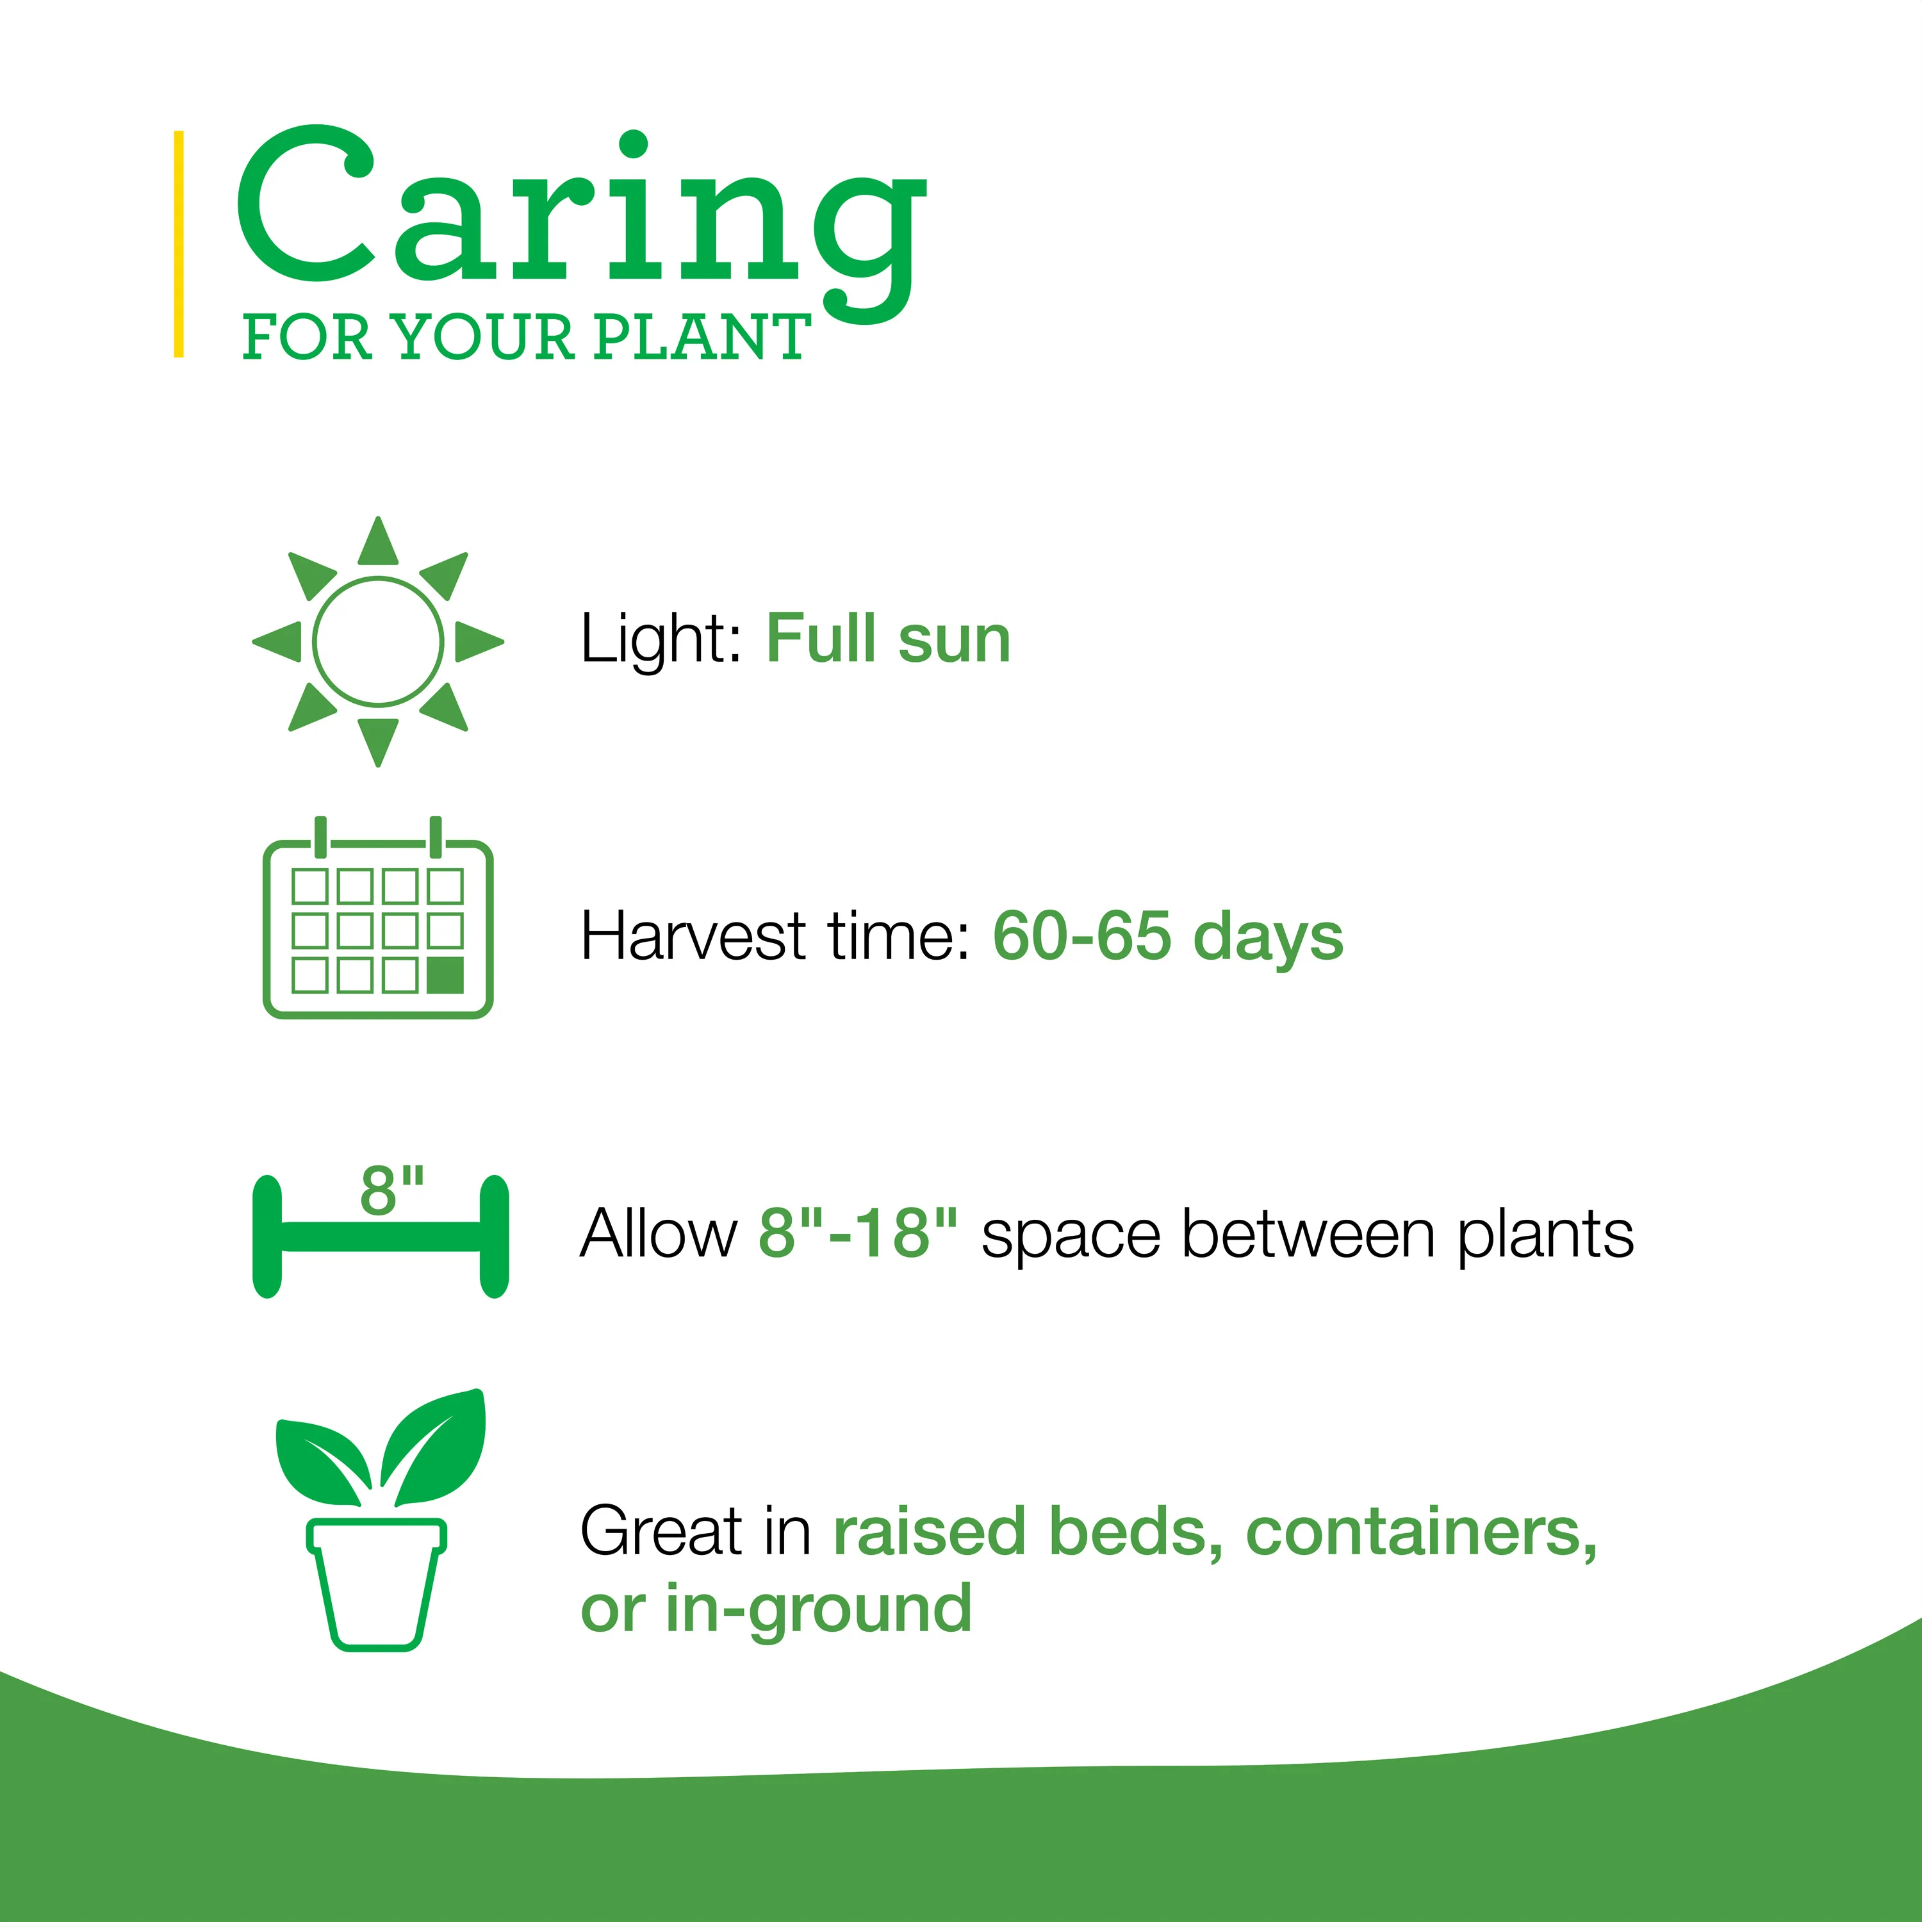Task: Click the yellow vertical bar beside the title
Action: point(179,243)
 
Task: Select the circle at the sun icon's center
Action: point(378,642)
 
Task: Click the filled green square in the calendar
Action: point(445,975)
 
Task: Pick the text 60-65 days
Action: point(1168,937)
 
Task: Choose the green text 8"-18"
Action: point(858,1233)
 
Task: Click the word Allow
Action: point(659,1233)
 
